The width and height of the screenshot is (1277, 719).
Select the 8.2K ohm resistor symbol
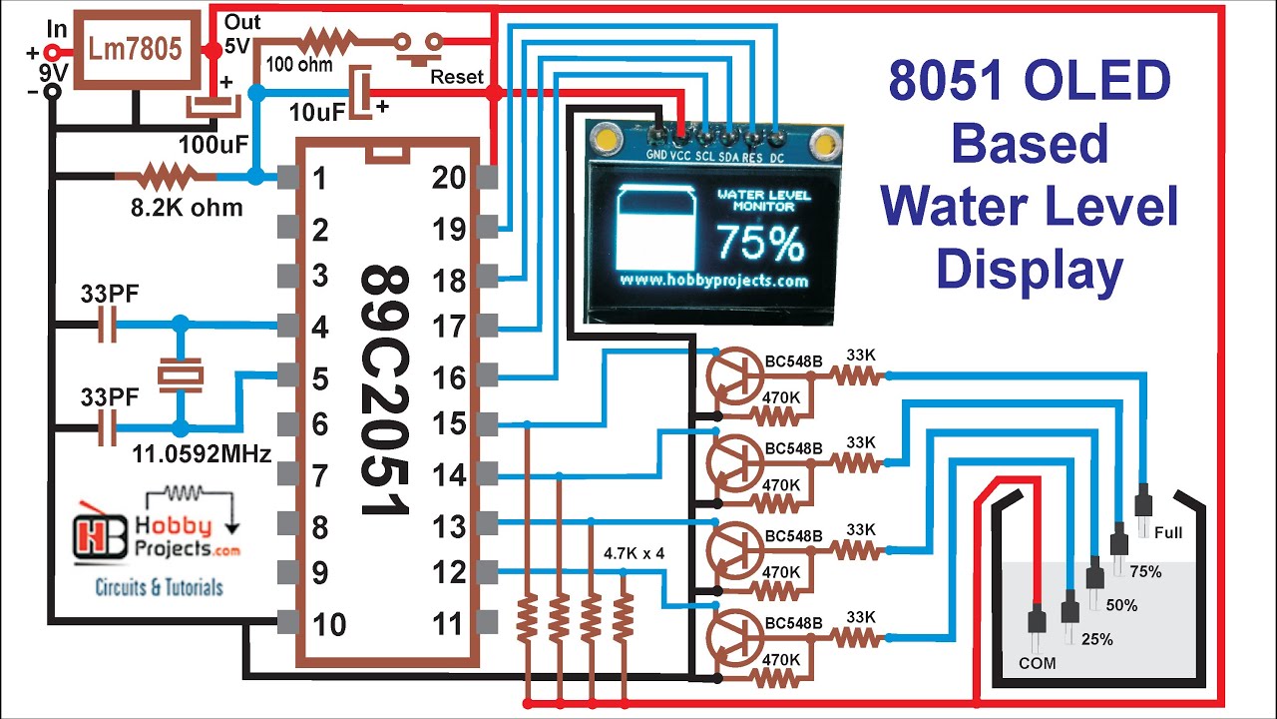tap(165, 178)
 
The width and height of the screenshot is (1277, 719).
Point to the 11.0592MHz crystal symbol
tap(180, 375)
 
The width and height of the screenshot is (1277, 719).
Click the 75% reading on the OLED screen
tap(760, 243)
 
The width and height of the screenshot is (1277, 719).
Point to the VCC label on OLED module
tap(680, 156)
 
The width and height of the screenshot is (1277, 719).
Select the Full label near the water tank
tap(1167, 532)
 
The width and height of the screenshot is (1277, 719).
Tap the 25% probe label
tap(1096, 639)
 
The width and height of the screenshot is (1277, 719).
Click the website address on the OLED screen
tap(713, 281)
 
